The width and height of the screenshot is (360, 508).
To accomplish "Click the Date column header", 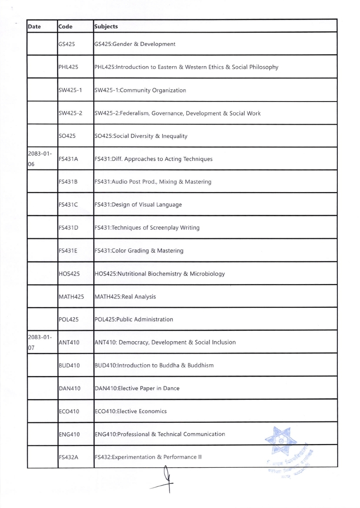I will (x=34, y=26).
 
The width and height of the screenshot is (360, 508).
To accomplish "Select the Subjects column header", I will (x=106, y=26).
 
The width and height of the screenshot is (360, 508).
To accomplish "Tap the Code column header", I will (x=65, y=26).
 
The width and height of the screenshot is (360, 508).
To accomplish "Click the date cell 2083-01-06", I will (x=39, y=159).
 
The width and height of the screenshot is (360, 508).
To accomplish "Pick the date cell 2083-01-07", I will (x=39, y=342).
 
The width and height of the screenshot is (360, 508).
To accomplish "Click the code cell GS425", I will (x=67, y=44).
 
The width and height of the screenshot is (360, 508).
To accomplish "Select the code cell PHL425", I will (x=68, y=68).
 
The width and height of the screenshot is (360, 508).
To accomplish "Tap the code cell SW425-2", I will (x=70, y=113).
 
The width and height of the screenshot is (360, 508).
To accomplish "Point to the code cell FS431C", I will (x=68, y=205).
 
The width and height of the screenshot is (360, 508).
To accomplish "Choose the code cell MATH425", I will (x=71, y=297).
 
